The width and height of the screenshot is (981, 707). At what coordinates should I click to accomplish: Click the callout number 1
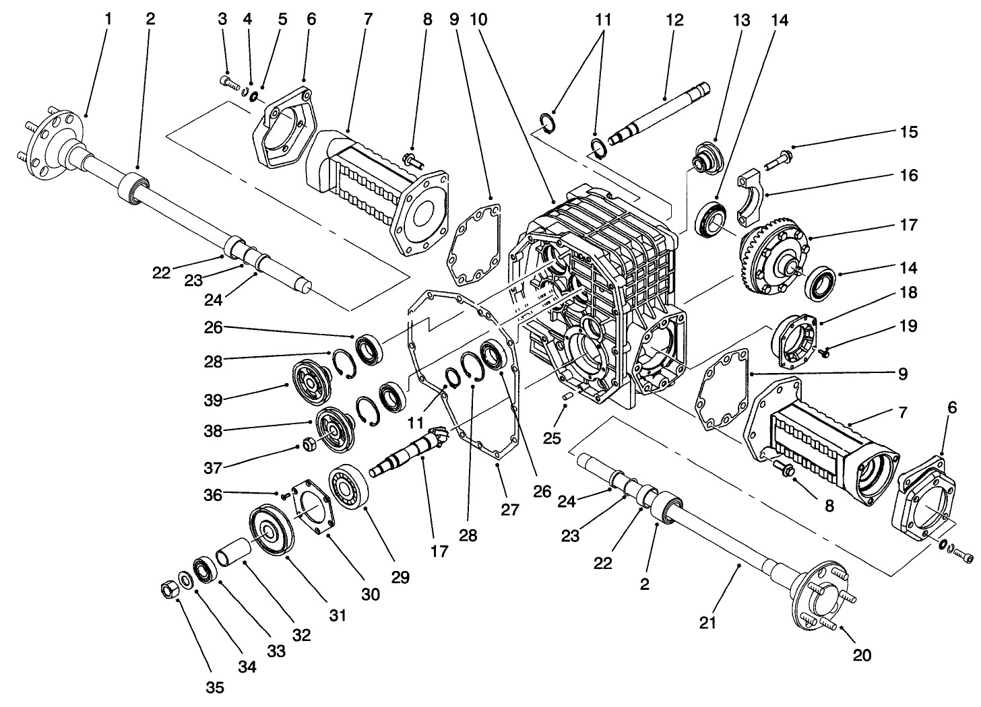click(x=108, y=19)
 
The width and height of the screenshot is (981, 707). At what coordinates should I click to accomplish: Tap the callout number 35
click(x=214, y=687)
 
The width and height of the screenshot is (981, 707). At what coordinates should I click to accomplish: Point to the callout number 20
click(x=862, y=654)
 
